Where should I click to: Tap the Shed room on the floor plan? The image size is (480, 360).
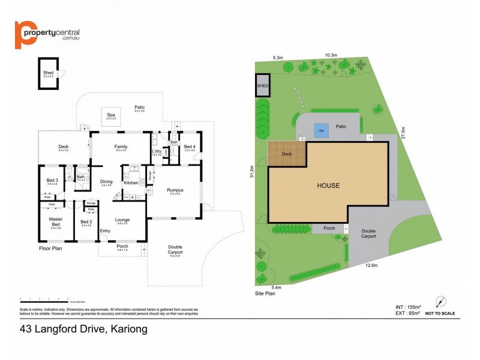point(48,74)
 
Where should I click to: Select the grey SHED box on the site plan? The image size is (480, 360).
point(263,86)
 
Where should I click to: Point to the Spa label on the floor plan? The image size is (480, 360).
point(111,116)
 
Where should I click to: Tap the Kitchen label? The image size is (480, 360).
point(131,182)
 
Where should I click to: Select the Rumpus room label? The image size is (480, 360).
point(175,191)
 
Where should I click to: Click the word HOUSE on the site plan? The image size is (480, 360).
point(328,185)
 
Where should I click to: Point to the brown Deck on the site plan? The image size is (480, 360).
point(286,154)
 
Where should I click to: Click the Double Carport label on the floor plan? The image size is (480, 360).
point(175,249)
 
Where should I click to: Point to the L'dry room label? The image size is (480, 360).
point(157,151)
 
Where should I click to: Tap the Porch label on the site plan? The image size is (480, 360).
point(329,228)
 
